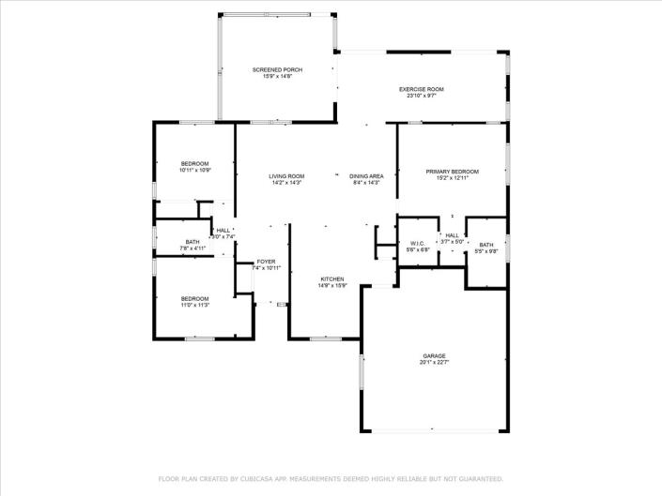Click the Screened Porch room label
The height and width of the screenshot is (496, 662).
pos(277,69)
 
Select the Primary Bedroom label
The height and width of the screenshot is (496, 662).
pos(453,172)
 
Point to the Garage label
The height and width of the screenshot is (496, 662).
pos(434,356)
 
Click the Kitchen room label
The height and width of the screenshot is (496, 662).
pos(332,279)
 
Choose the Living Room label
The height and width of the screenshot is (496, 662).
pos(287,176)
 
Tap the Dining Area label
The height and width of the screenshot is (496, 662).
pos(366,176)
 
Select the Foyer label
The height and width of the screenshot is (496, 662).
pos(268,262)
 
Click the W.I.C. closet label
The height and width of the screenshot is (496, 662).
pos(417,243)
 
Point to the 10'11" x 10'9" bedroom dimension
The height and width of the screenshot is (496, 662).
pos(195,171)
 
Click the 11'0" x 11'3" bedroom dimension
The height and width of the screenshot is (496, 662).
pos(194,305)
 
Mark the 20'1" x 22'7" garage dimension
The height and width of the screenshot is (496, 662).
pos(434,363)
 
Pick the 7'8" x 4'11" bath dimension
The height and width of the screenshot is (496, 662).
pos(192,248)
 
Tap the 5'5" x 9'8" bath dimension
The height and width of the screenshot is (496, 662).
pos(485,251)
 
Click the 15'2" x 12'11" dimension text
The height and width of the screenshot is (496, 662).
pos(453,178)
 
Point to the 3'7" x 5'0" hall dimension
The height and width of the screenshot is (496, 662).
pos(453,242)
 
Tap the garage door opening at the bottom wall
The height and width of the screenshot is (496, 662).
pos(434,430)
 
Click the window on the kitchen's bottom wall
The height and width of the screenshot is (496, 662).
pos(325,338)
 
